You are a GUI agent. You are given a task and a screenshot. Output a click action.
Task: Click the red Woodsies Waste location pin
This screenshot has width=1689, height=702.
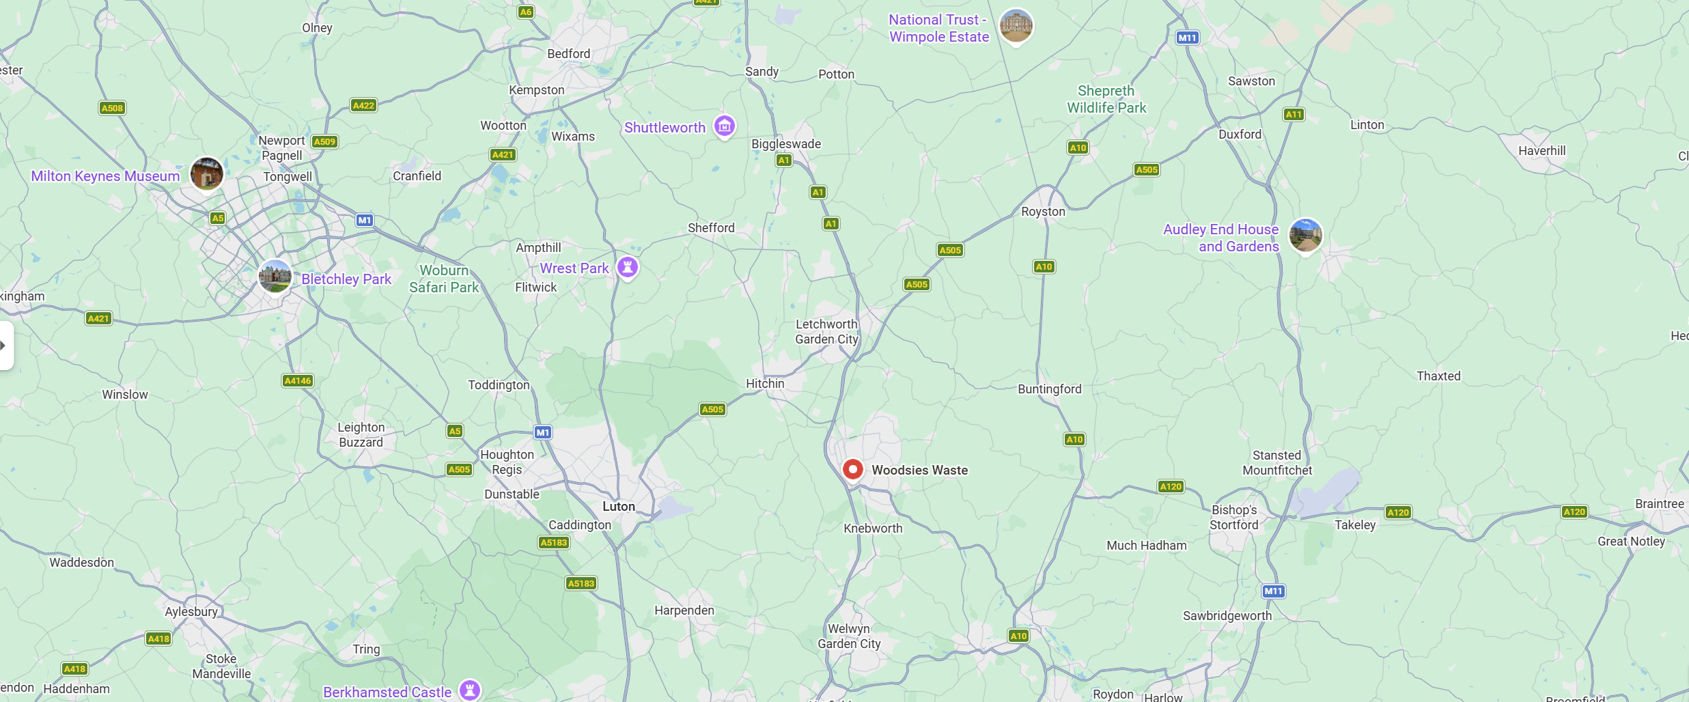[x=852, y=470]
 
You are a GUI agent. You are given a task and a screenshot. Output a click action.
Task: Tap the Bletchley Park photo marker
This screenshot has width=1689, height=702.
[x=275, y=277]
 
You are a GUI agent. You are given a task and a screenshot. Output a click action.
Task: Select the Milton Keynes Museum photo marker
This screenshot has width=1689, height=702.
[x=206, y=173]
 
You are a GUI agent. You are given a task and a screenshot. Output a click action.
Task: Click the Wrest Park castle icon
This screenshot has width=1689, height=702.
[x=627, y=267]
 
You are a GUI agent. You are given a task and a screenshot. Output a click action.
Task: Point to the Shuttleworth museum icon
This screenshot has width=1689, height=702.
[x=724, y=126]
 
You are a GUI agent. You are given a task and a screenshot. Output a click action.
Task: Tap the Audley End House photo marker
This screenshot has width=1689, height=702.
[x=1305, y=235]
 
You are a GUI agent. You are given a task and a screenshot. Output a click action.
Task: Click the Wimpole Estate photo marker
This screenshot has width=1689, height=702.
[x=1016, y=26]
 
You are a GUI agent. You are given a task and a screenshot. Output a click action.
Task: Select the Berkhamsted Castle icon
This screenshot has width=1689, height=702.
[x=469, y=690]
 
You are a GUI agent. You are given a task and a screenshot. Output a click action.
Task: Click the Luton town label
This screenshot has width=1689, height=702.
[x=618, y=506]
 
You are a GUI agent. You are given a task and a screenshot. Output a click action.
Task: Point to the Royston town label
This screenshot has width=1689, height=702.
[x=1042, y=212]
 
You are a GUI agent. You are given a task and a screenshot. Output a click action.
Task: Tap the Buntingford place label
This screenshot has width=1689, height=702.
[x=1049, y=389]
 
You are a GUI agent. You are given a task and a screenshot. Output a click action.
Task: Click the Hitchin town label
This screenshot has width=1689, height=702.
[x=764, y=384]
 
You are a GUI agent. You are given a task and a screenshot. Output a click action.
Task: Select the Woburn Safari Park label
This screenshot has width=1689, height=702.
[x=444, y=279]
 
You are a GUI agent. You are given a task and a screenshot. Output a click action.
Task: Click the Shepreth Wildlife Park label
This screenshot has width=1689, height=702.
[x=1106, y=99]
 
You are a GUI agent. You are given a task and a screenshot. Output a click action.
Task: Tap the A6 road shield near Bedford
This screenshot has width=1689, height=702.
[x=525, y=12]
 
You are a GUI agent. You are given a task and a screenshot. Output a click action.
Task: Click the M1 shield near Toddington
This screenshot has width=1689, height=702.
[x=542, y=432]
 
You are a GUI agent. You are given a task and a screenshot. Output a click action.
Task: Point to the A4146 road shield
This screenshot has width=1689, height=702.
[x=298, y=380]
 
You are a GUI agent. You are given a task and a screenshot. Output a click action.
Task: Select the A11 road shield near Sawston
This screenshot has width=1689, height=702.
[x=1293, y=114]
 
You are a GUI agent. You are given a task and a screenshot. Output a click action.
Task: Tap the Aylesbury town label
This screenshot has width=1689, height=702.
[x=191, y=611]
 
